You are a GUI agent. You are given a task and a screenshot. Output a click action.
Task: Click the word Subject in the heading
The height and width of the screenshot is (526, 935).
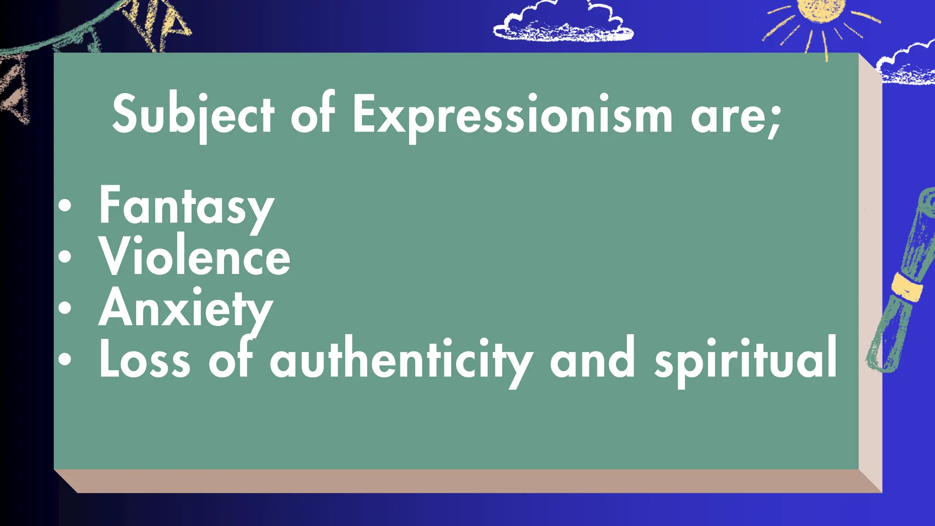coord(193,114)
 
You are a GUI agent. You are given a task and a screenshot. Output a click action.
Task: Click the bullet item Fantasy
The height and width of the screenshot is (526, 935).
coord(186,206)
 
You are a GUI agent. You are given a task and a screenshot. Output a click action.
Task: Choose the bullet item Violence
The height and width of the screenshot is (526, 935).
coord(195,256)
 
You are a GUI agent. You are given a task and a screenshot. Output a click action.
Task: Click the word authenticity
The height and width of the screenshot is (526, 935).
coord(401,361)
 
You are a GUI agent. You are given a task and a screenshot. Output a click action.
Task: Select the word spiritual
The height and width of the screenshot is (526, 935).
coord(746,361)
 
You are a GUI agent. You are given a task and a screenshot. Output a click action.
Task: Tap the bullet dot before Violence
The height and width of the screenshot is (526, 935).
coord(65,257)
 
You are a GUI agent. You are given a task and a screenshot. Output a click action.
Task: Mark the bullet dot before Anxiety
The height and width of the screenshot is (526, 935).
coord(65,308)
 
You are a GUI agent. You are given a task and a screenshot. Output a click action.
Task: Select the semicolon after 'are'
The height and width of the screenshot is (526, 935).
coord(774,121)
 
